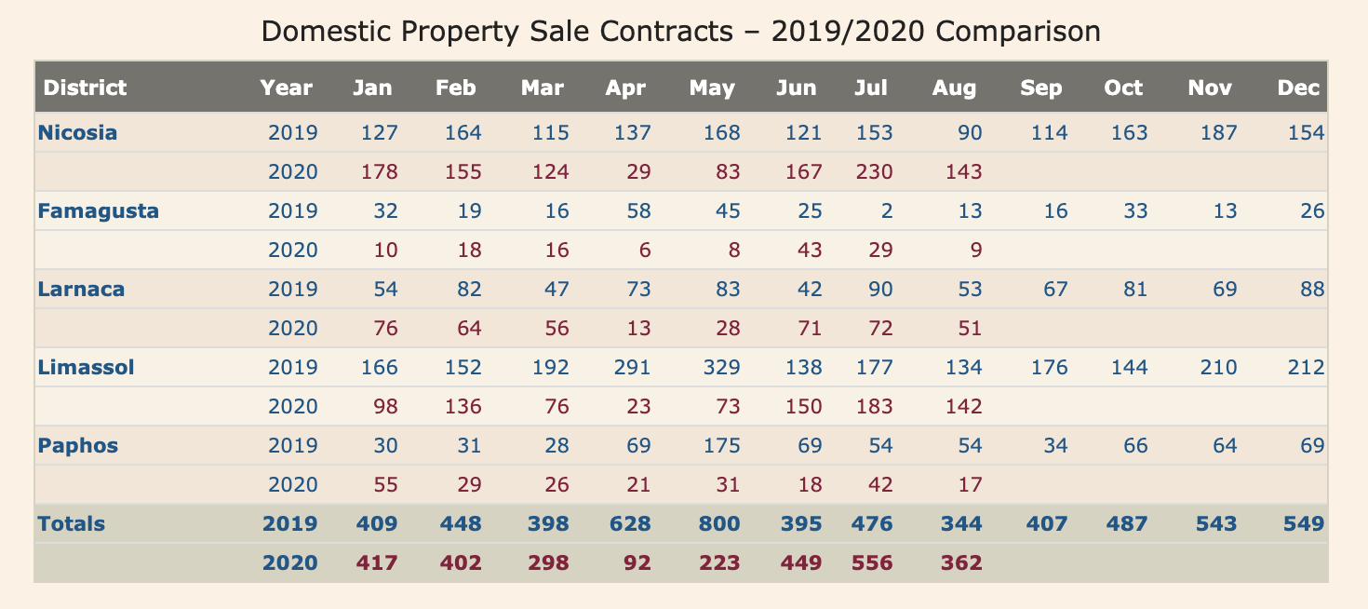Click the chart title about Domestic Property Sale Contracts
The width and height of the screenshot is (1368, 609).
pyautogui.click(x=681, y=32)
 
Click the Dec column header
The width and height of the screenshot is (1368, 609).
pyautogui.click(x=1298, y=88)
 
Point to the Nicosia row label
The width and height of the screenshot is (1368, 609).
pyautogui.click(x=77, y=132)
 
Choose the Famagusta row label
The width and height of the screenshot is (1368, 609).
pyautogui.click(x=98, y=210)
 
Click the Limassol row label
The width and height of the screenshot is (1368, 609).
pyautogui.click(x=86, y=367)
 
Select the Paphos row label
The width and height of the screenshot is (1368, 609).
pyautogui.click(x=78, y=445)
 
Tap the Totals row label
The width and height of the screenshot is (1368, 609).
pyautogui.click(x=71, y=523)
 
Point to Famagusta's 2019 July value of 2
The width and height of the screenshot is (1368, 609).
pyautogui.click(x=886, y=210)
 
